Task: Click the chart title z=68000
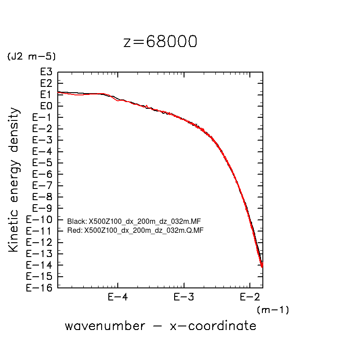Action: click(x=160, y=42)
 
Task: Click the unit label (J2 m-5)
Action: click(x=31, y=57)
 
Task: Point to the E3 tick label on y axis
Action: click(x=47, y=72)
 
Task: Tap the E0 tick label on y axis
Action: click(x=47, y=106)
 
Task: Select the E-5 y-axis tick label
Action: click(x=43, y=163)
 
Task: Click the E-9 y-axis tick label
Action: click(x=43, y=208)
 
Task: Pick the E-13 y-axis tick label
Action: click(x=40, y=253)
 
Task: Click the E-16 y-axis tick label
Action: click(x=40, y=288)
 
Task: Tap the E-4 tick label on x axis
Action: click(x=118, y=297)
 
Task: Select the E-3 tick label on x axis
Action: click(x=184, y=297)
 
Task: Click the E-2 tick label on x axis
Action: click(x=249, y=297)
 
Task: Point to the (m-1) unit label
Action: click(x=273, y=310)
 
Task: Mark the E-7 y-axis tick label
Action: click(x=43, y=185)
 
